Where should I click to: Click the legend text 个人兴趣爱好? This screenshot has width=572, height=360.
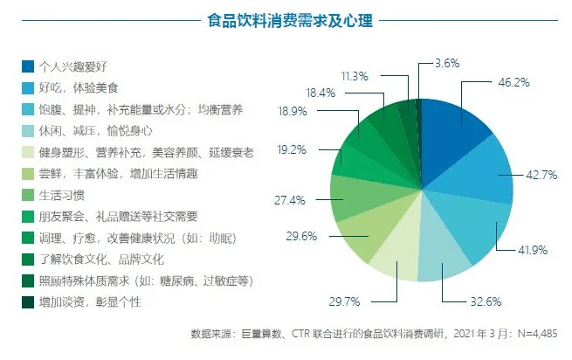coord(79,66)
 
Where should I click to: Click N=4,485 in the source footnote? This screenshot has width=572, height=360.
coord(532,334)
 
